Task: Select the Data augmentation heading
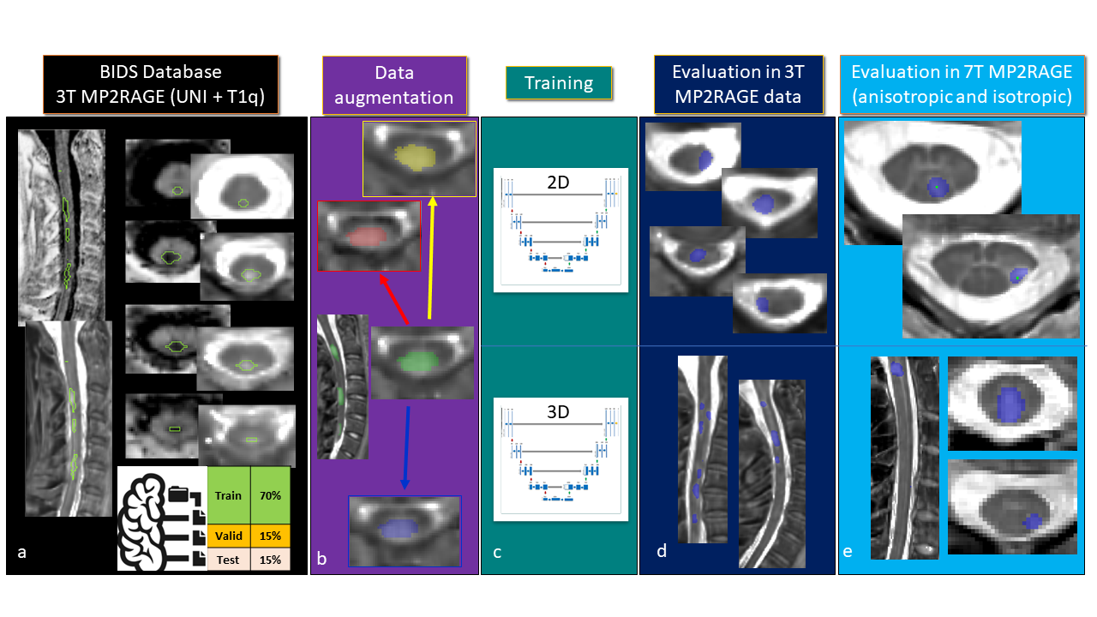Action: [394, 85]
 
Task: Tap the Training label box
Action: [559, 83]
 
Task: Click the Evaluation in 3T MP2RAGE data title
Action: [737, 84]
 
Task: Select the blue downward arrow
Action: [406, 447]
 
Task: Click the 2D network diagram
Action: [561, 230]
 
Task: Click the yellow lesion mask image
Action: [419, 158]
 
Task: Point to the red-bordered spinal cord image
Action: [369, 236]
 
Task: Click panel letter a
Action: [22, 553]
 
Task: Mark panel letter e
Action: [848, 552]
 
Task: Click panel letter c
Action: [497, 553]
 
